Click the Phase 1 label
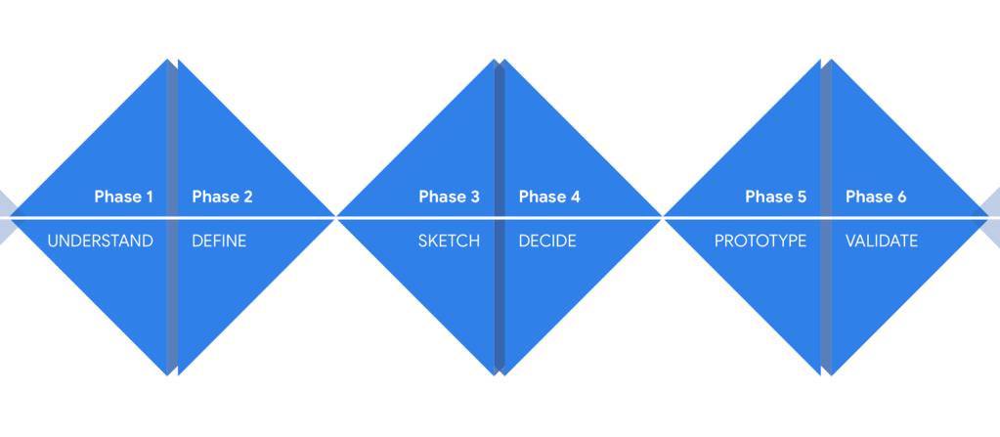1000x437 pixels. coord(124,197)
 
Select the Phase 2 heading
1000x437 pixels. coord(223,197)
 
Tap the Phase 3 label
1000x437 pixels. coord(449,197)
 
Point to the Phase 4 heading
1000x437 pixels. coord(549,197)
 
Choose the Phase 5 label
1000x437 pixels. coord(776,197)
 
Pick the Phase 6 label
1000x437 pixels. coord(876,197)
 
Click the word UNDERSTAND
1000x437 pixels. coord(101,240)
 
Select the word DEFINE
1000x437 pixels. coord(219,240)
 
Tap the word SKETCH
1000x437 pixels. coord(449,240)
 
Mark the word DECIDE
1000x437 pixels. coord(547,240)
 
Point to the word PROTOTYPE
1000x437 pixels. coord(761,240)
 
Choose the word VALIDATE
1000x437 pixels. coord(882,240)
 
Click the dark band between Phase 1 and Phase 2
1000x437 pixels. coord(172,217)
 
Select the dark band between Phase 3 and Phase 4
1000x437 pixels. coord(500,217)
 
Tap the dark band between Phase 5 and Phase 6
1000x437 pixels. coord(826,217)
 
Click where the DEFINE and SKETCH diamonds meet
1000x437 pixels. coord(336,218)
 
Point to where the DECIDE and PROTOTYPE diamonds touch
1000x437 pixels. coord(663,218)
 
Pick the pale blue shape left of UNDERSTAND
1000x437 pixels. coord(8,218)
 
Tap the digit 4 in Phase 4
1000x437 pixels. coord(575,197)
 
